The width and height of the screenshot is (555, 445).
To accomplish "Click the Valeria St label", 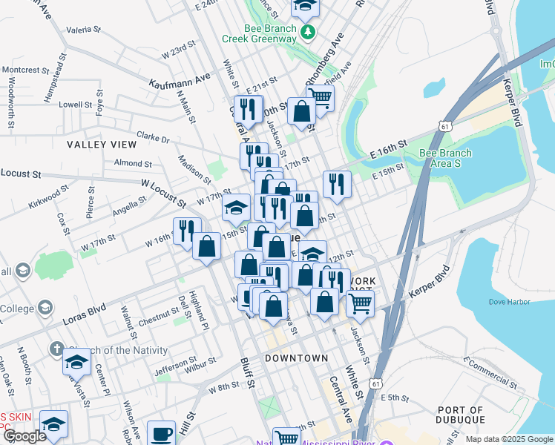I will pyautogui.click(x=83, y=30).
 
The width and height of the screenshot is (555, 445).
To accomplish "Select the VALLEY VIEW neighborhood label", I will pyautogui.click(x=101, y=144).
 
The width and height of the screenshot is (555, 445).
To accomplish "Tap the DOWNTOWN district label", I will pyautogui.click(x=296, y=358).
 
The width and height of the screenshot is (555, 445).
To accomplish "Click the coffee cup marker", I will pyautogui.click(x=161, y=433).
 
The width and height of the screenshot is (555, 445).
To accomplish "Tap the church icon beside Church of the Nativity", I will pyautogui.click(x=56, y=349).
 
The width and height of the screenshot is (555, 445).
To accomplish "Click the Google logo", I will pyautogui.click(x=24, y=436).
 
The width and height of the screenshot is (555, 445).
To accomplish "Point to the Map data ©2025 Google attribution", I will pyautogui.click(x=508, y=439).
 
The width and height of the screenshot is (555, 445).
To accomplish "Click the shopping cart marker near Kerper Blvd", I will pyautogui.click(x=360, y=302).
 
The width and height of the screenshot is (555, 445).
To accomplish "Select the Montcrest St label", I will pyautogui.click(x=24, y=70).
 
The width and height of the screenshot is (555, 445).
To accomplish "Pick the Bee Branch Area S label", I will pyautogui.click(x=445, y=158).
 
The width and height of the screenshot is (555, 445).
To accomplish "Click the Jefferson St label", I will pyautogui.click(x=174, y=367).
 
